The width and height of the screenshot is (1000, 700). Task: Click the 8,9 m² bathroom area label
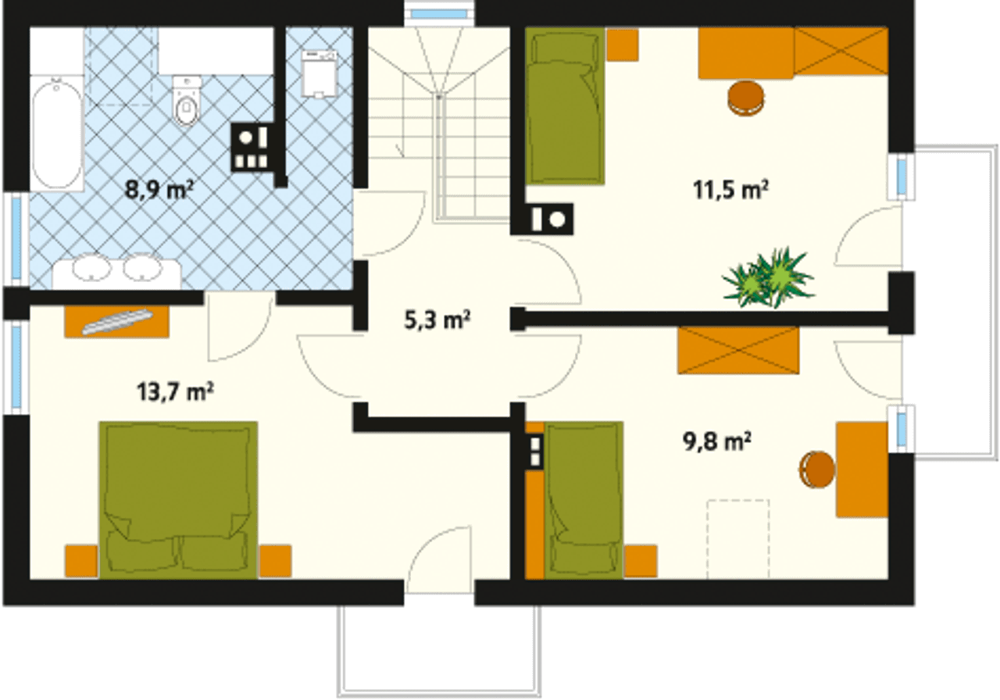159,190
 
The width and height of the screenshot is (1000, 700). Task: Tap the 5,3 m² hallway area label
437,320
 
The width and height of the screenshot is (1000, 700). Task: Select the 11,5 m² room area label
730,190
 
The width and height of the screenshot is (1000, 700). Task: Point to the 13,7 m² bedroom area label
175,391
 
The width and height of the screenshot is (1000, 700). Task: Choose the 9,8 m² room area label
717,441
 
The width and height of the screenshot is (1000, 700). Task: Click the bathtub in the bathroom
57,133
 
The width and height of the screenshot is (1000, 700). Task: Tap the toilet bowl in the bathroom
187,101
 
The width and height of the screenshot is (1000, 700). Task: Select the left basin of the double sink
91,267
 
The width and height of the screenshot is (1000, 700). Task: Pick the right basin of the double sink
142,267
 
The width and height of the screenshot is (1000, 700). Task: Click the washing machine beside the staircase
319,74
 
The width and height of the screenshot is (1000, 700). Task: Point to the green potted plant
769,277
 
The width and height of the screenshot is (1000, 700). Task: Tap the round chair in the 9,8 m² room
816,470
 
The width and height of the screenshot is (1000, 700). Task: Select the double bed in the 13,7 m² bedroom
178,500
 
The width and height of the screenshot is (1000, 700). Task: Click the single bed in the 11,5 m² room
565,106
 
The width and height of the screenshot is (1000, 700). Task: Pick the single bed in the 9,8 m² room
584,500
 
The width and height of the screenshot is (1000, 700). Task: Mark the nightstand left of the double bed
81,561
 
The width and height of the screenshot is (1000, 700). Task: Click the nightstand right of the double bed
276,561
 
